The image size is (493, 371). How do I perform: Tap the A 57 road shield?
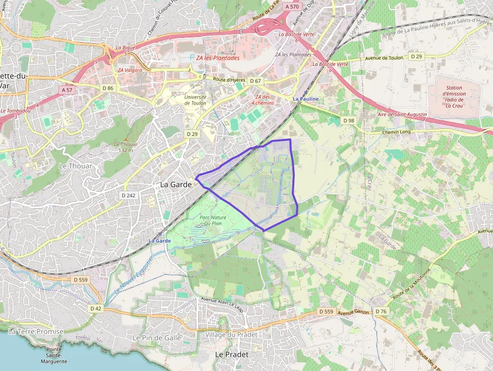tap(66, 90)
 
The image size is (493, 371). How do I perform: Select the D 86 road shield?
tap(108, 88)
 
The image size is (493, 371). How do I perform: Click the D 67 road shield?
tap(256, 81)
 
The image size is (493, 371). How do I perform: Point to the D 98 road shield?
tap(349, 120)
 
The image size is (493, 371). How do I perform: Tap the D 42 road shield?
tap(96, 308)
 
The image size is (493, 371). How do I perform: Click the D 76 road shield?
tap(381, 312)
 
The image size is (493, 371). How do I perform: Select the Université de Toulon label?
tap(195, 100)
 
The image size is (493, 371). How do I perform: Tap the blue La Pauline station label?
tap(306, 99)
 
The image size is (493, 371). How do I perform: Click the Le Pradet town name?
tap(231, 354)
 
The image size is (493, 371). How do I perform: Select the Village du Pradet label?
tap(231, 335)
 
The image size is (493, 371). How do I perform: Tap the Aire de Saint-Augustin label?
tap(402, 115)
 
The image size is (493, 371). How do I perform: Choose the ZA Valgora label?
tap(130, 70)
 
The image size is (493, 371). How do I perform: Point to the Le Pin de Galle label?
tap(156, 337)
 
